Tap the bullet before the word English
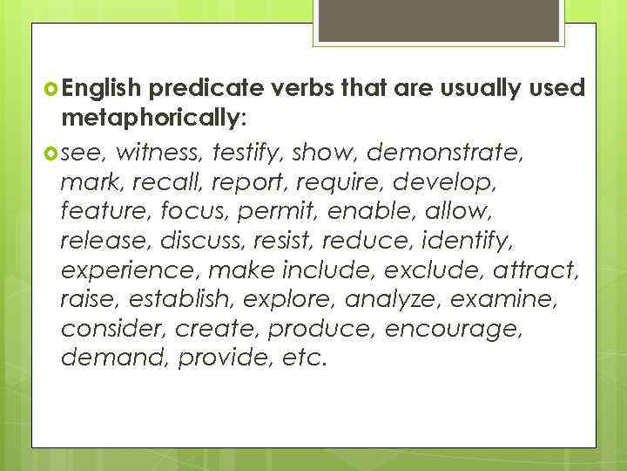[x=50, y=87]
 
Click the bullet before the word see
[x=50, y=154]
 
